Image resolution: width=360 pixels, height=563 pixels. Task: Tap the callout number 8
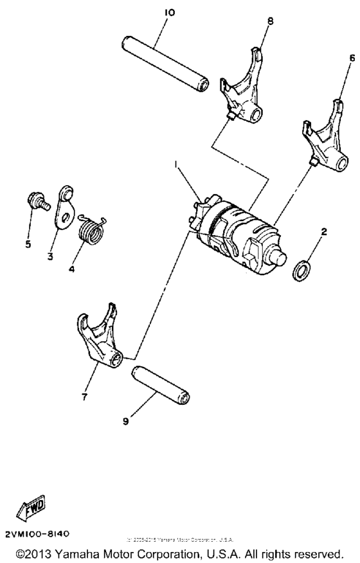(270, 21)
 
